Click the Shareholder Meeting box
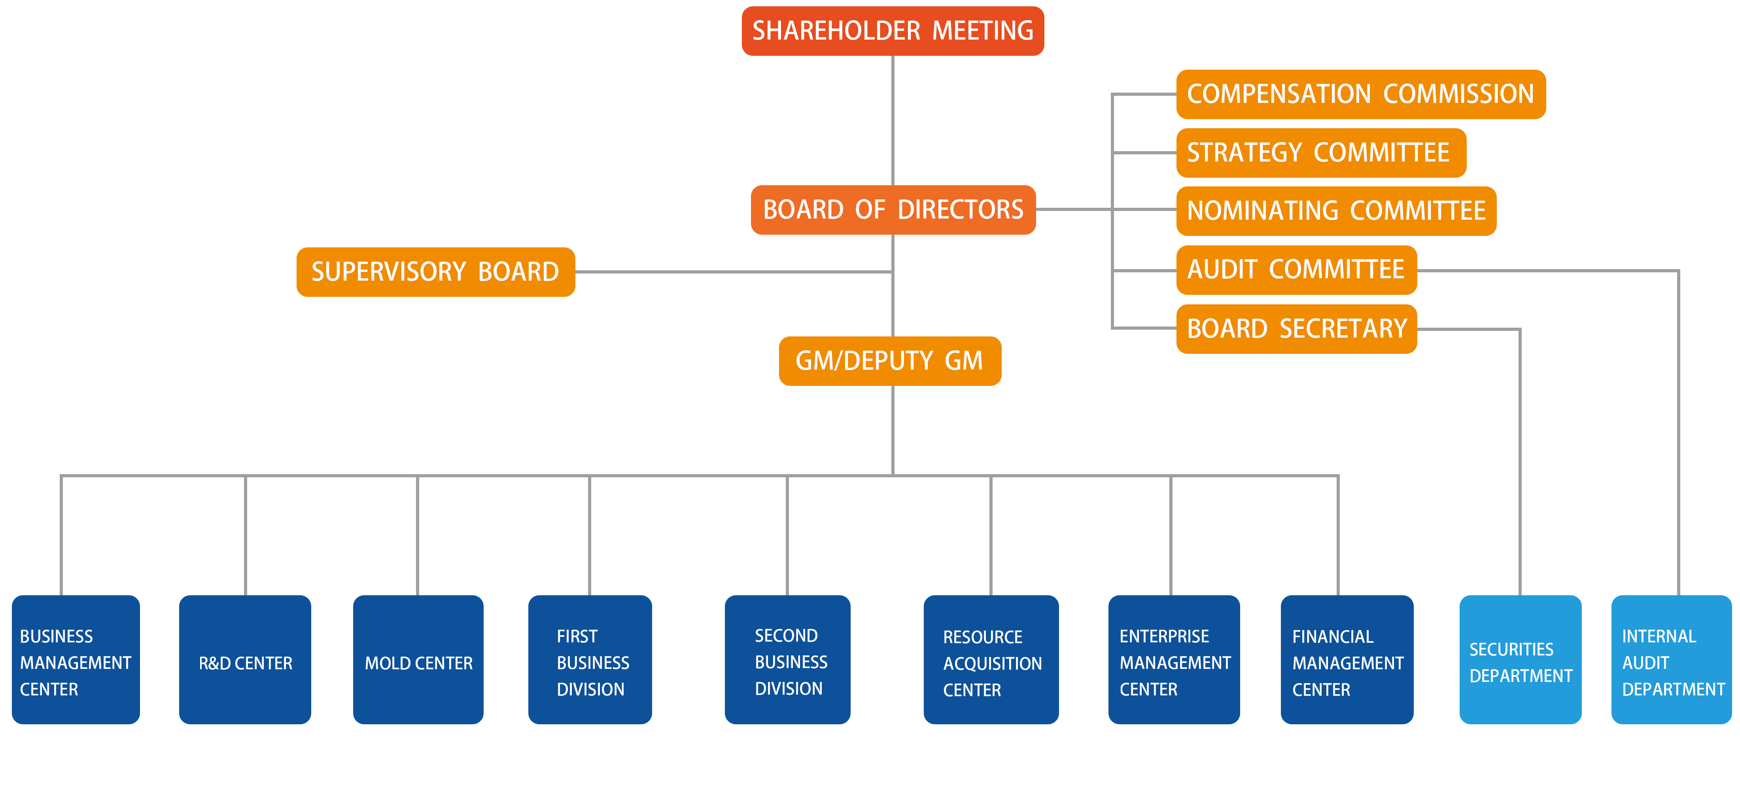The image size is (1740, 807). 892,31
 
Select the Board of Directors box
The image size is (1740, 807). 893,209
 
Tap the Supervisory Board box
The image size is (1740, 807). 436,272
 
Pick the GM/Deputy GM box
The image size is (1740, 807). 890,361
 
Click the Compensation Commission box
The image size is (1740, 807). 1360,94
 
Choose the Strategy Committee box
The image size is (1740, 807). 1320,153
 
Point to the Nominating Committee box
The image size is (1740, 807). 1336,211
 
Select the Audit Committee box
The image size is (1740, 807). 1296,270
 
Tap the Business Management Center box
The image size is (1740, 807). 76,660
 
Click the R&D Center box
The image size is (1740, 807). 244,660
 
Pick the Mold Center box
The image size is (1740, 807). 418,660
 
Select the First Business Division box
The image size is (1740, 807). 590,660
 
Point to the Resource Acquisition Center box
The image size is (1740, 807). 991,660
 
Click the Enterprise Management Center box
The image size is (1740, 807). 1174,660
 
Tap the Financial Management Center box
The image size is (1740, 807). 1347,660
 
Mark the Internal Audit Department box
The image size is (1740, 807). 1671,660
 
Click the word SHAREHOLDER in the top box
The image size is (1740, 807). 836,31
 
